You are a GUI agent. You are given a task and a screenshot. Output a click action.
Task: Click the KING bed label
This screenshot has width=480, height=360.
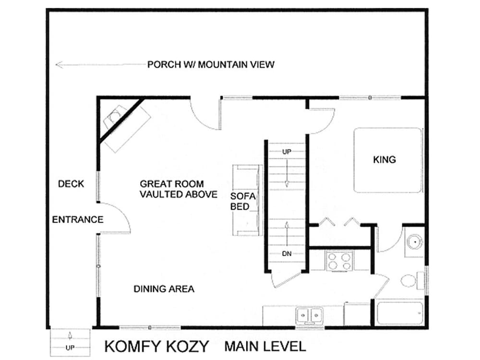384,159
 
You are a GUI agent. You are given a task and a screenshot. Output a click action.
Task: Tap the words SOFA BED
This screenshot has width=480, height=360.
243,202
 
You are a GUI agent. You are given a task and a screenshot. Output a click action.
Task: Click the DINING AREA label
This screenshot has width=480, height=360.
164,289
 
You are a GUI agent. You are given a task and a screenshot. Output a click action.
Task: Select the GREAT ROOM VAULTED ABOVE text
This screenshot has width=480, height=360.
179,189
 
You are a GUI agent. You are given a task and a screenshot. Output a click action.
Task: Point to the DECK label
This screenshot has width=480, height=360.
71,184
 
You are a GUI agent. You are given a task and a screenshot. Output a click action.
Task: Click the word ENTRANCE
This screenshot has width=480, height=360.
78,219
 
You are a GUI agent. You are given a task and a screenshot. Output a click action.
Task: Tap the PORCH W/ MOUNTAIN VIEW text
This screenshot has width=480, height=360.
211,65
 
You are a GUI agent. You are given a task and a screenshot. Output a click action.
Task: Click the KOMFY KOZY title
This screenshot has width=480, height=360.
156,346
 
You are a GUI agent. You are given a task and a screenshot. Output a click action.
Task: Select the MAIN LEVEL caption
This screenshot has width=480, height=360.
265,346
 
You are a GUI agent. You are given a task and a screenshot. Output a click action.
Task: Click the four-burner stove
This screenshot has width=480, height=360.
339,261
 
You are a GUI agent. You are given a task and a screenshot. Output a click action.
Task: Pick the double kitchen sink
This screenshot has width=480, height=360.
309,315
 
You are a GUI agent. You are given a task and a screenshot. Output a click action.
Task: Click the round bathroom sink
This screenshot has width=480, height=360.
415,242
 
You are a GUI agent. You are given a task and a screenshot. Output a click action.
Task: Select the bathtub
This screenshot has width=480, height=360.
400,313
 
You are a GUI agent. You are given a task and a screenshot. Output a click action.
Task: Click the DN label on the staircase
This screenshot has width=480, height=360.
287,254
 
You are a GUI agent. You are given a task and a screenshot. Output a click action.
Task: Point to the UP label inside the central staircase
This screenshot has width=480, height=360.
287,152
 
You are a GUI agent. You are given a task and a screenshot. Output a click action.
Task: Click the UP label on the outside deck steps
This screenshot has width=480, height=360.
70,348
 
